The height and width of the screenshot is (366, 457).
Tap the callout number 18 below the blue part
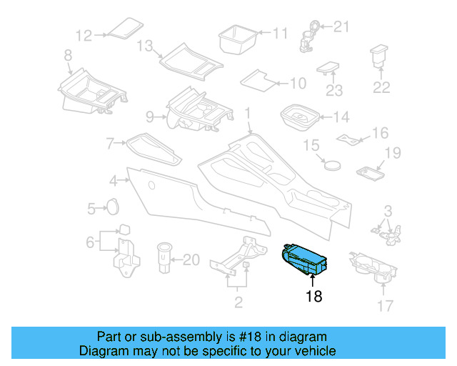313,295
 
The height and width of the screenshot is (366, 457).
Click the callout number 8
67,55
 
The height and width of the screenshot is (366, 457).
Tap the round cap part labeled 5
112,207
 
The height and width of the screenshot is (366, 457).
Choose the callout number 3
387,211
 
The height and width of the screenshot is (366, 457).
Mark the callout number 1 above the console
248,114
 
